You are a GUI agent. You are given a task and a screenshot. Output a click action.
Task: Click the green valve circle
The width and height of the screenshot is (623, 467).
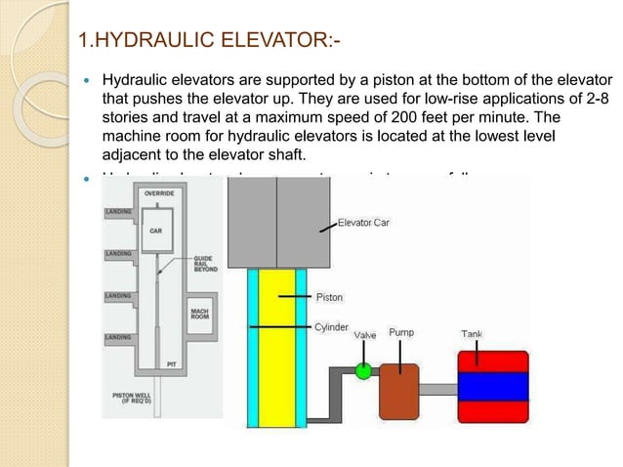point(364,371)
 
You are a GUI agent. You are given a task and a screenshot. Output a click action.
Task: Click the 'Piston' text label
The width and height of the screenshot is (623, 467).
point(329,296)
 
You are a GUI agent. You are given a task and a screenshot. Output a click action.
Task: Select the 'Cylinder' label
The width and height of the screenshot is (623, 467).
point(332,328)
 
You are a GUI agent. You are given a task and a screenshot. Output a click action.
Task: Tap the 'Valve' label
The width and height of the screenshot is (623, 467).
point(365,335)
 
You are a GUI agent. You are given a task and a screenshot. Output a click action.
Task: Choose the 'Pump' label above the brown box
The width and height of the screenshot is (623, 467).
point(401,333)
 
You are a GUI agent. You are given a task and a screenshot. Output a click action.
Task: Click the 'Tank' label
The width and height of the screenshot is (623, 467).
point(471,334)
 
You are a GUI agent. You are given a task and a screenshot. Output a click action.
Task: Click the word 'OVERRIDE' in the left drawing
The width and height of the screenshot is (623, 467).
point(159,194)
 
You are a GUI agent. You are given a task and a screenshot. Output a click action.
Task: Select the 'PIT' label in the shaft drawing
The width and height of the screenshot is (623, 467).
point(171,363)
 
